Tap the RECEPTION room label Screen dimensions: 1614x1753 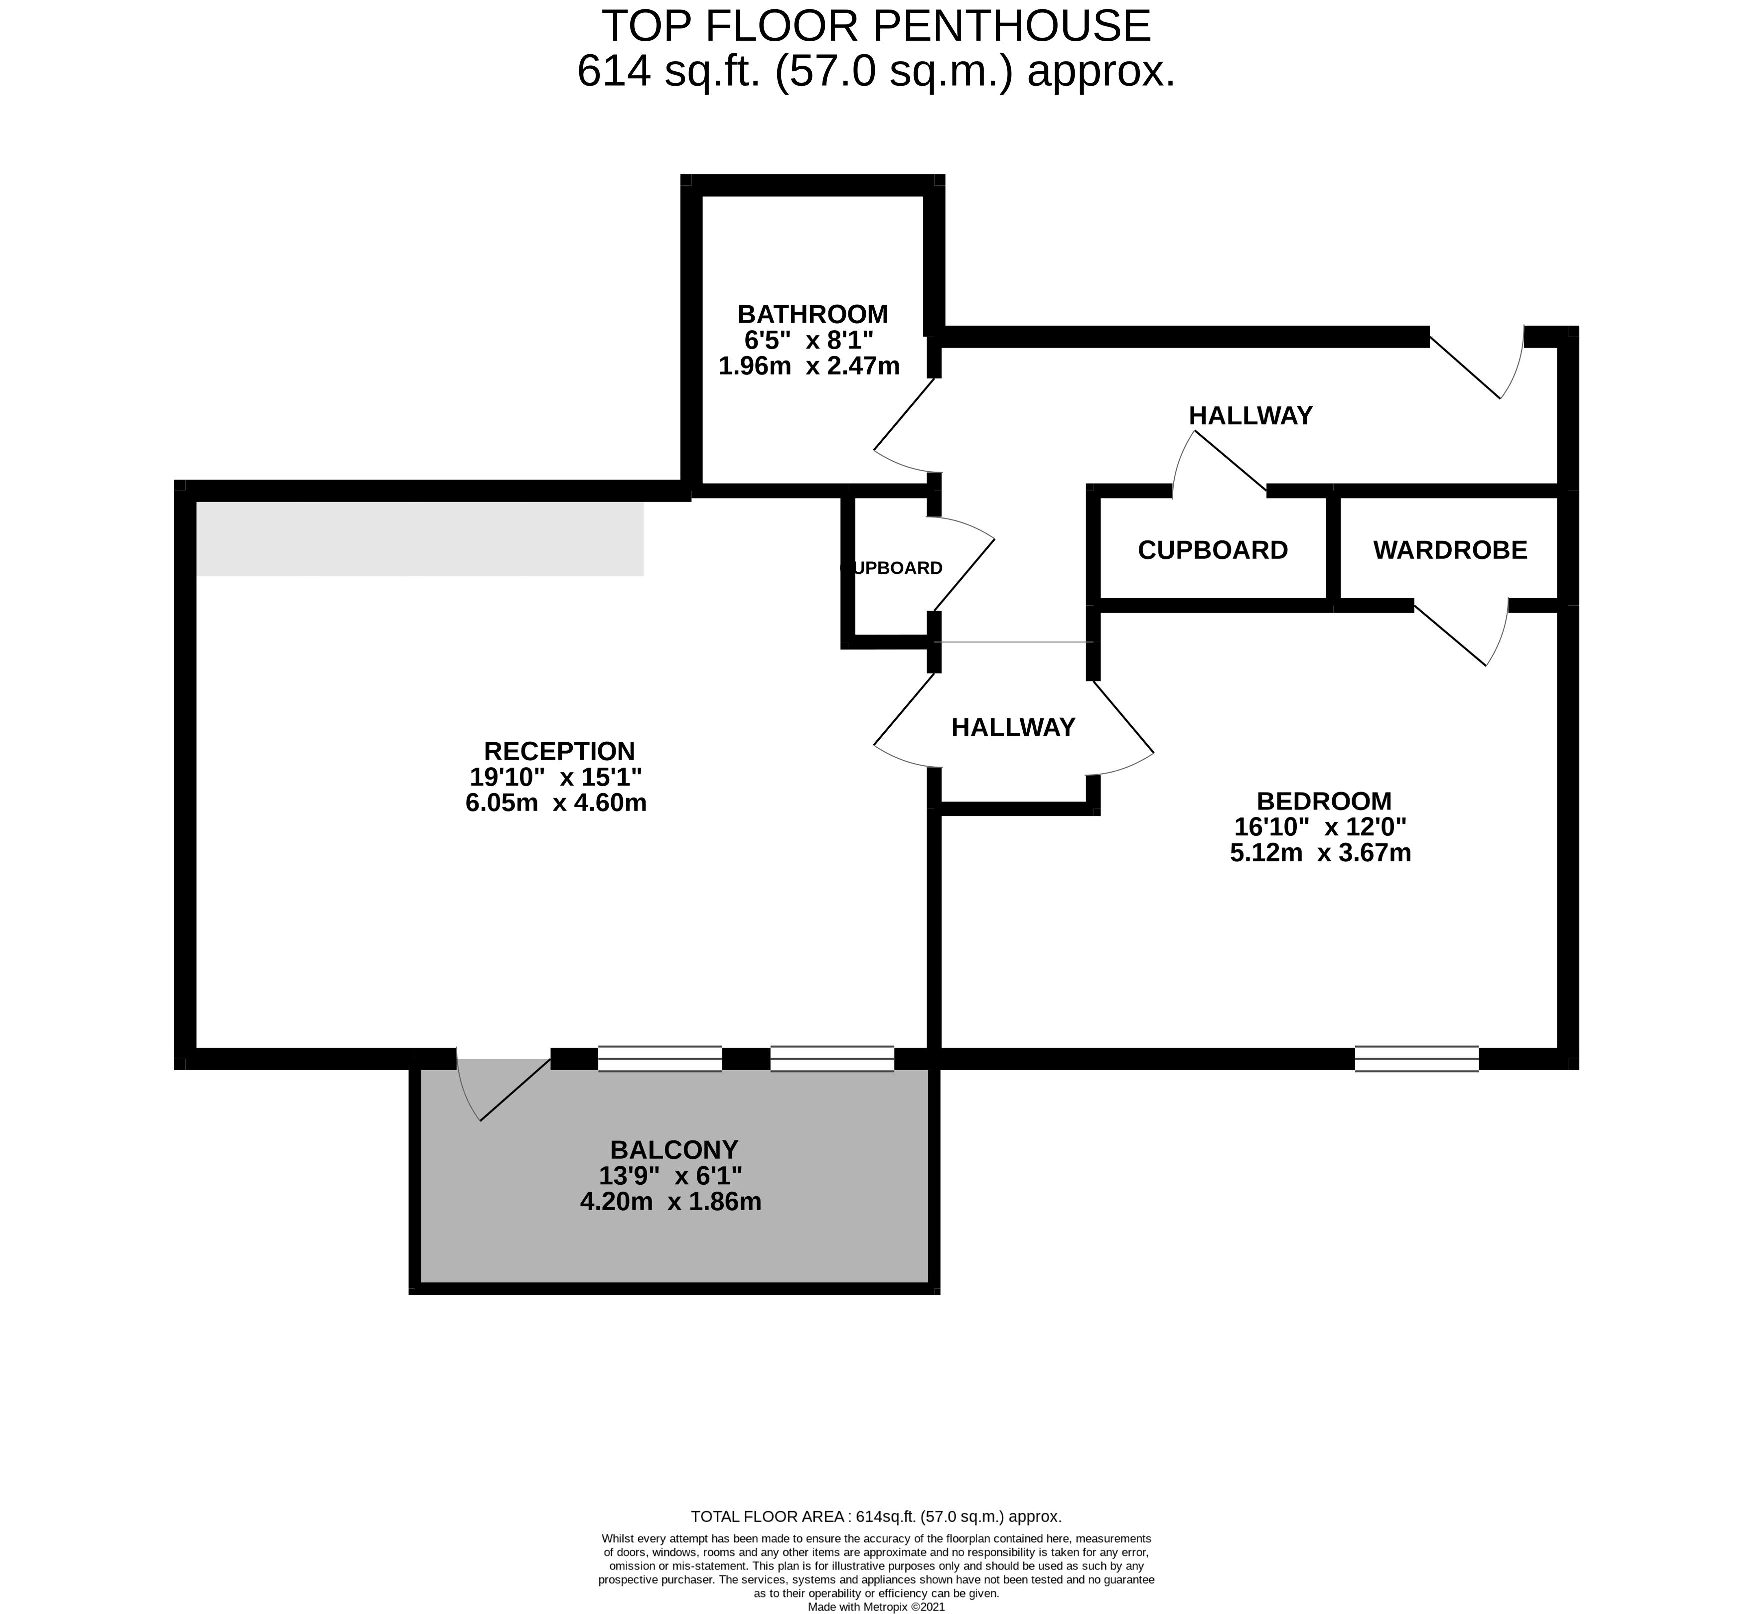click(559, 751)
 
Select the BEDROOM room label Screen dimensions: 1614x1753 click(1323, 801)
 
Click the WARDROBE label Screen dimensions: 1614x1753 click(1450, 550)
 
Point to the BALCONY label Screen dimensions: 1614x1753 click(673, 1149)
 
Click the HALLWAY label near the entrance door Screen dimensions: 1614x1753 click(1250, 416)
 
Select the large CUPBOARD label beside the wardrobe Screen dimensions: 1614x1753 click(1212, 550)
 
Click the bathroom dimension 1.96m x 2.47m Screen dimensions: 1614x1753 click(809, 366)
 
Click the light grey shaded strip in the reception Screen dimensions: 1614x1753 click(419, 538)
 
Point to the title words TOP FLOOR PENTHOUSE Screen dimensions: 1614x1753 click(876, 26)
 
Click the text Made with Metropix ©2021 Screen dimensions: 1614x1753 click(876, 1606)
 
